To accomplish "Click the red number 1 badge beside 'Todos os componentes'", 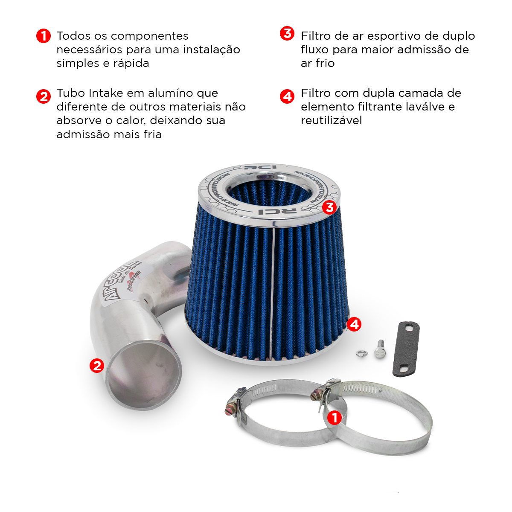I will click(44, 36).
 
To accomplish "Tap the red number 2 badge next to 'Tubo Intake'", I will click(44, 96).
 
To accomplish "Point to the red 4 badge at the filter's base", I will click(354, 324).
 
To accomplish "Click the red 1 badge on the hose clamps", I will click(335, 417).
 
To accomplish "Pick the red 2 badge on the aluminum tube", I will click(97, 365).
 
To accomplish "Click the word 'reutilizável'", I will click(331, 120).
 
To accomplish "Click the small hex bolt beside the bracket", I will click(379, 349).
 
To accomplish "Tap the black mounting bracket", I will click(406, 349).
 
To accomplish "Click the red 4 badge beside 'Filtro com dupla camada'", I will click(287, 96).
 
